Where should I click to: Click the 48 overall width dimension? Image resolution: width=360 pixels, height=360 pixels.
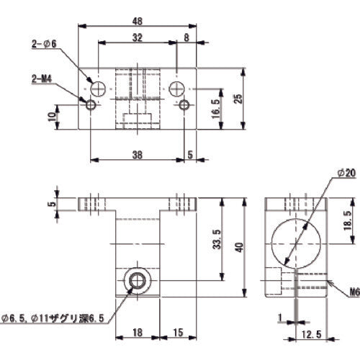[x=137, y=20]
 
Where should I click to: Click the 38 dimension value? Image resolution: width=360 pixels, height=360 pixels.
[x=137, y=153]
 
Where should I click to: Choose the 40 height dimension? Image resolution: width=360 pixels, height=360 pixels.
[x=246, y=247]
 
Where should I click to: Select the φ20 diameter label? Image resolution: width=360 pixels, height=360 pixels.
[x=346, y=173]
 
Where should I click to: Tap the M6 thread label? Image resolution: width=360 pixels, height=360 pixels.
[x=353, y=293]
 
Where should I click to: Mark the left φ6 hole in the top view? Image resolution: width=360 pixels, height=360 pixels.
[x=99, y=88]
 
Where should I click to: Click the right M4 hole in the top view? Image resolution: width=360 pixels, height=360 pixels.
[x=185, y=106]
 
